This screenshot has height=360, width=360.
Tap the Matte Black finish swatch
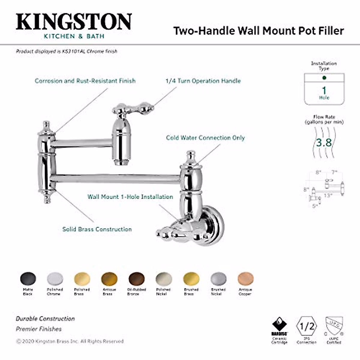[x=28, y=279]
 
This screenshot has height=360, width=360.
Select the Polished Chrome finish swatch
[x=55, y=279]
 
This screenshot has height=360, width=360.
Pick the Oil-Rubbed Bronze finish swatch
[x=136, y=279]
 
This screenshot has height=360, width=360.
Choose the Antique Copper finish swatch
[x=245, y=279]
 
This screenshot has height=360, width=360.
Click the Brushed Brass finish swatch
[x=191, y=279]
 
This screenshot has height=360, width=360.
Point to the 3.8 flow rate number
[x=324, y=142]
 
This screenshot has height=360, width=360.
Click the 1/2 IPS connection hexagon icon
[x=307, y=326]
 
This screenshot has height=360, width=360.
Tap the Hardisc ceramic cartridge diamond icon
[x=279, y=325]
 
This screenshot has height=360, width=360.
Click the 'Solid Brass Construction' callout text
[x=97, y=229]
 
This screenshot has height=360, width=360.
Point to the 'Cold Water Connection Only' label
[x=205, y=138]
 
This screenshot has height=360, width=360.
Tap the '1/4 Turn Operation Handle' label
[x=203, y=81]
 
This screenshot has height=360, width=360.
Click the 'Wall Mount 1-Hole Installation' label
[x=130, y=197]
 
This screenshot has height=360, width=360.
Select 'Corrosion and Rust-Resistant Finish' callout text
[x=85, y=81]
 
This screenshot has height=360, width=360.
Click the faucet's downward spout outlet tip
[x=121, y=163]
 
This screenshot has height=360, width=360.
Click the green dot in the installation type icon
[x=324, y=78]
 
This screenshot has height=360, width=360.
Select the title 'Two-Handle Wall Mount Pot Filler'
[x=259, y=31]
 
